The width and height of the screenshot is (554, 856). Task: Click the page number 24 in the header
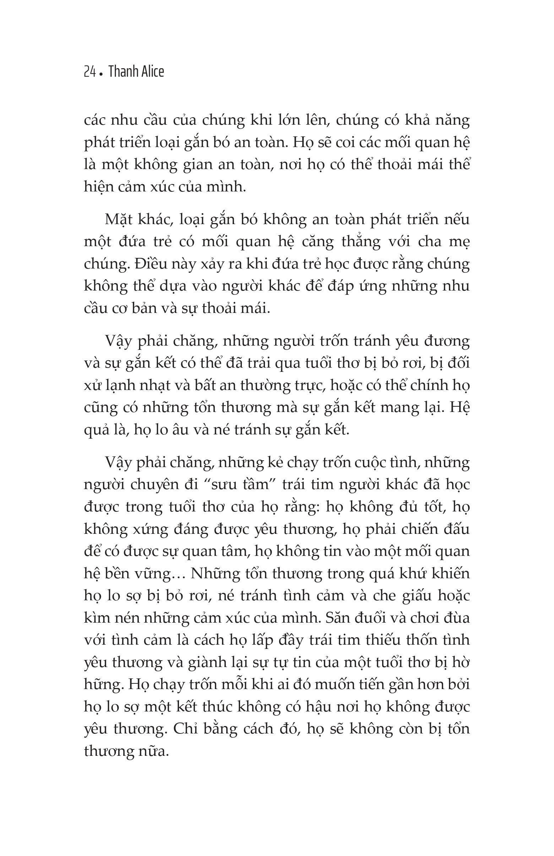[89, 72]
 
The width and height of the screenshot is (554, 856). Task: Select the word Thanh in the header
[121, 72]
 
